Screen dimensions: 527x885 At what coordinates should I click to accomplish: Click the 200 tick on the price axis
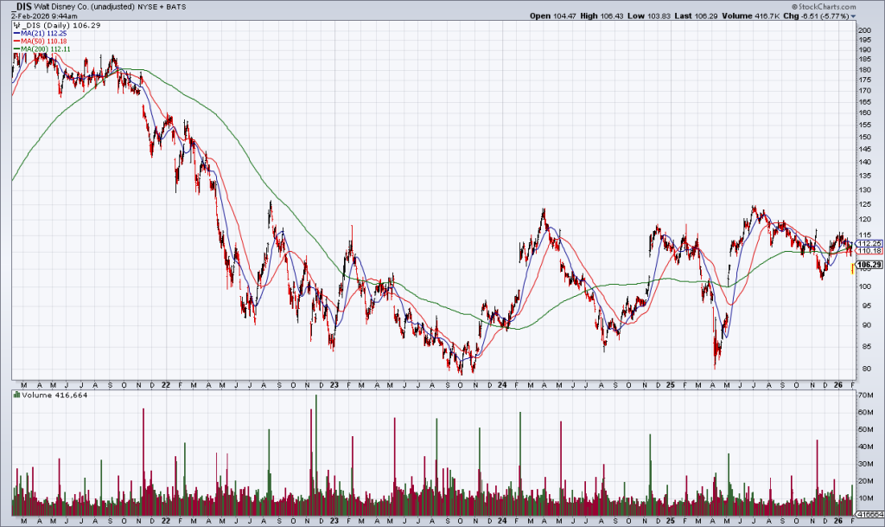tap(863, 30)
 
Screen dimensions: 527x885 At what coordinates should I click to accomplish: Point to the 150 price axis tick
tap(863, 137)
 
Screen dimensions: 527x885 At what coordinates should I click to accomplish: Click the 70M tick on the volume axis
tap(864, 394)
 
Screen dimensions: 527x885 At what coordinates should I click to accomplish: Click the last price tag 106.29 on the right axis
tap(868, 265)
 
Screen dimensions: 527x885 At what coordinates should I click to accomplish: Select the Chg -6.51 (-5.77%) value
tap(825, 16)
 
